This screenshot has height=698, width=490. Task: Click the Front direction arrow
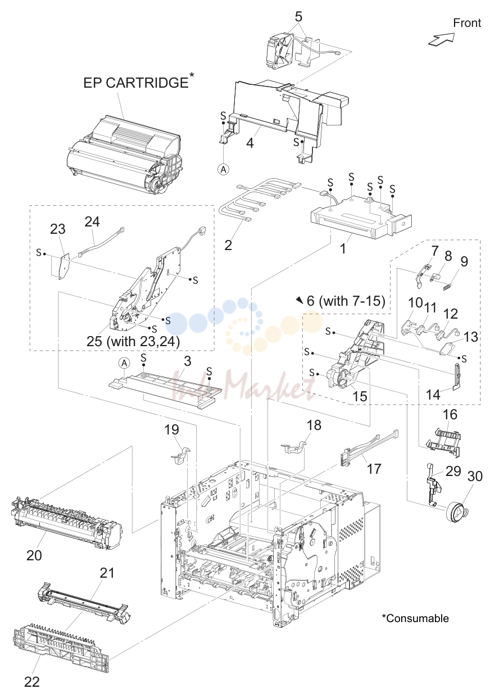pos(441,39)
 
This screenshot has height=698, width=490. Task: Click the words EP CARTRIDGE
pos(136,83)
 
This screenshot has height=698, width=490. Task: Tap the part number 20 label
pos(34,555)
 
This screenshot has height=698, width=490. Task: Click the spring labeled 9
pos(447,287)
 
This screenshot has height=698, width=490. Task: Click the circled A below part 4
pos(223,170)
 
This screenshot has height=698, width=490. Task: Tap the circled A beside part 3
pos(124,363)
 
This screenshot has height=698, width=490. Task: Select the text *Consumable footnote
pos(415,618)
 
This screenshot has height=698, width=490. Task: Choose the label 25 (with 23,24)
pos(133,341)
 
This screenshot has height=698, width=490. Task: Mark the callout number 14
pos(433,395)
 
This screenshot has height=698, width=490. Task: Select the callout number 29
pos(453,471)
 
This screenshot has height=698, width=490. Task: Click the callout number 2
pos(228,245)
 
